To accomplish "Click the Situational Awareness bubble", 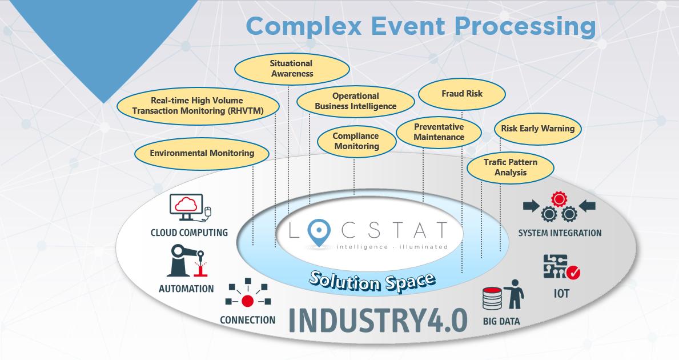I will click(292, 69).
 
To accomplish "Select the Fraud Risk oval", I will click(462, 94).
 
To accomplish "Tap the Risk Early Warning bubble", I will click(537, 129).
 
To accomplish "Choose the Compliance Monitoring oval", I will click(356, 141).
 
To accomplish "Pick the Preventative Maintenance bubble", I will click(439, 132).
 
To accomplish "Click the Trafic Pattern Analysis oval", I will click(510, 167).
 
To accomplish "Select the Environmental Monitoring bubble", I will click(202, 153).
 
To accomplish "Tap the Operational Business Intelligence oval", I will click(355, 101).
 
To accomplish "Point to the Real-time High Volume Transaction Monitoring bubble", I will click(198, 106).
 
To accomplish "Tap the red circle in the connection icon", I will click(247, 301).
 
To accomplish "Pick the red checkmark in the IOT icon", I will click(574, 274).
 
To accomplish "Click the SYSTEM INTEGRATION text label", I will click(560, 233).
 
